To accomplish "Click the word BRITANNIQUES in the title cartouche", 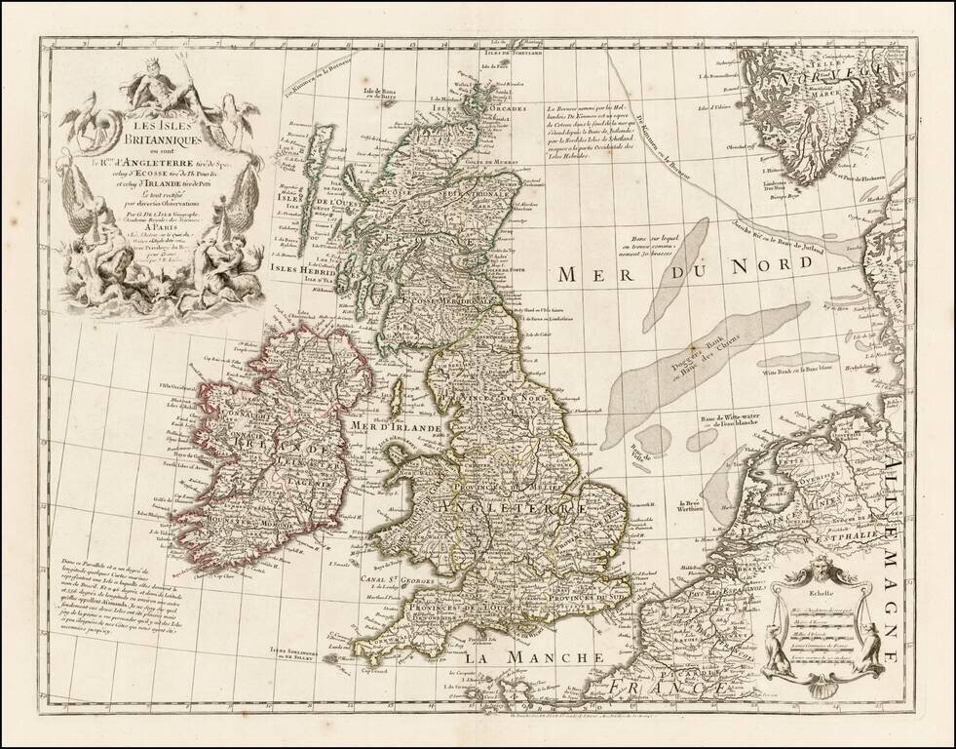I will tap(162, 140).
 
